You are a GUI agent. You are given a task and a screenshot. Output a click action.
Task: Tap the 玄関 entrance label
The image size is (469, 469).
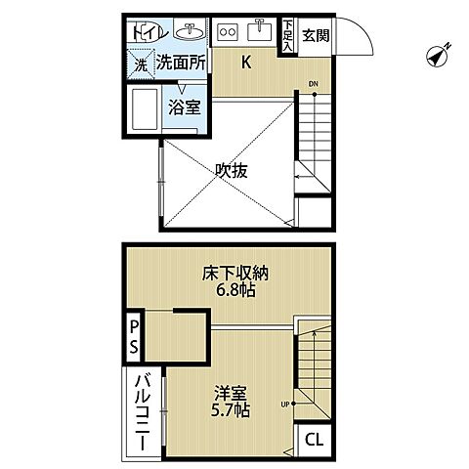click(x=316, y=37)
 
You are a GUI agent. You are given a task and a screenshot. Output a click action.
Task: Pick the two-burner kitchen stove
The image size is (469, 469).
click(x=227, y=30)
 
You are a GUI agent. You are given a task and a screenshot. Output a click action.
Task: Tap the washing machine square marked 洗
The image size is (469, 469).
click(x=140, y=64)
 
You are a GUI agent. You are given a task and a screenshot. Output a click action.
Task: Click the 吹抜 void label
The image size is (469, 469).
click(x=231, y=169)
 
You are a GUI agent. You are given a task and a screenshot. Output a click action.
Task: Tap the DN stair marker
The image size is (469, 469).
click(x=313, y=84)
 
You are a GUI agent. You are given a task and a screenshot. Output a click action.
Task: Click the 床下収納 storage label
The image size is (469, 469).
click(x=231, y=275)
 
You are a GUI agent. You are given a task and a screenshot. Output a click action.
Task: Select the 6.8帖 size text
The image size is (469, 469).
click(x=231, y=293)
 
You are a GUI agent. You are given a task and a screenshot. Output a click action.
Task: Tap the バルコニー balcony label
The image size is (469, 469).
click(x=140, y=412)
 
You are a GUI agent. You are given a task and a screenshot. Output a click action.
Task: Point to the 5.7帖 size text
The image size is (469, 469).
click(x=231, y=411)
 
